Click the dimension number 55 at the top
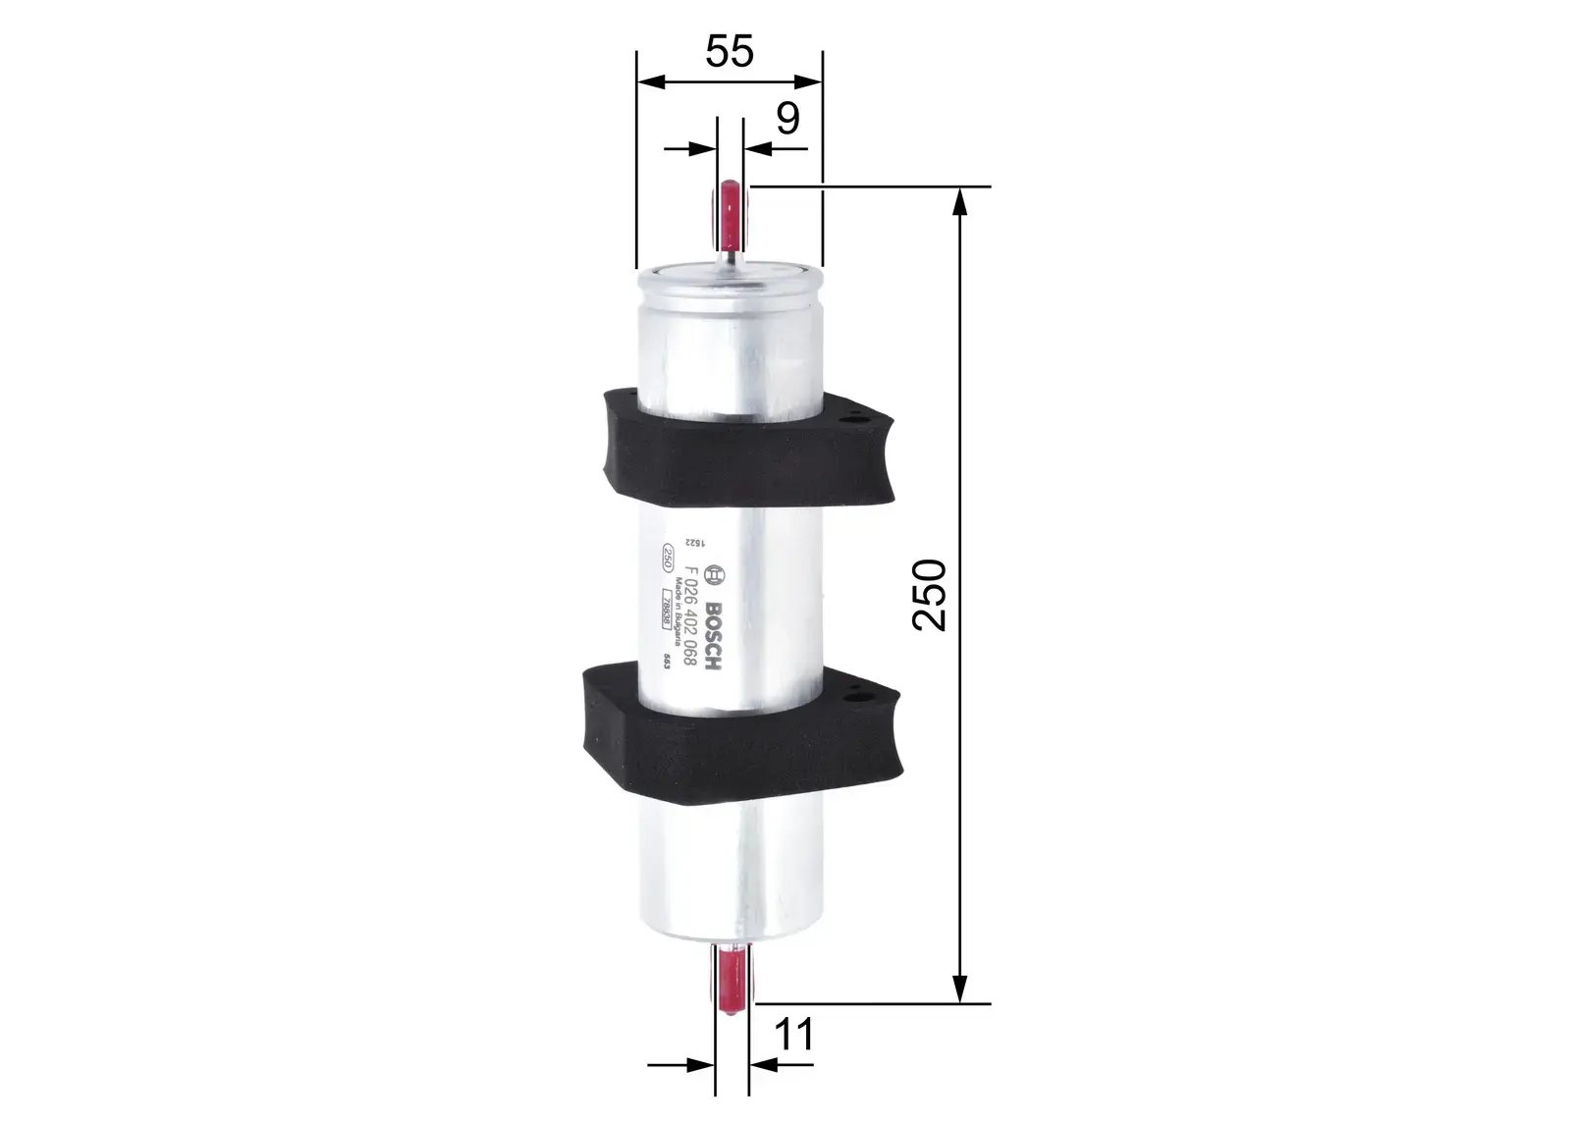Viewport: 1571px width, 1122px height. point(730,51)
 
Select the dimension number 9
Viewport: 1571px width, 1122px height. point(787,119)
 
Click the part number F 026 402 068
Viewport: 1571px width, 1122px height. point(691,618)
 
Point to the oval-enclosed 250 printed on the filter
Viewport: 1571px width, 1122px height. point(667,561)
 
